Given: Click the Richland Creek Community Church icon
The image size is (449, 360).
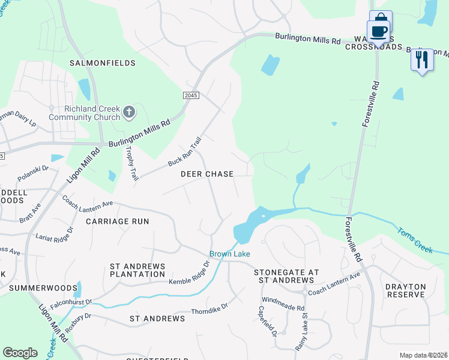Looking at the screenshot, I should click(128, 112).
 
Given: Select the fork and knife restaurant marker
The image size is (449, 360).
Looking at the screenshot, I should click(422, 60).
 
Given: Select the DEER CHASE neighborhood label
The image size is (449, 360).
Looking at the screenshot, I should click(207, 174).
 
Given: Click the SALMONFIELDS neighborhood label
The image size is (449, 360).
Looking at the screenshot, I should click(103, 62).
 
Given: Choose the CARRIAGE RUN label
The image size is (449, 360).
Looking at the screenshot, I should click(117, 221).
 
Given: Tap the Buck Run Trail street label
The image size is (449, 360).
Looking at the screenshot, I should click(184, 152).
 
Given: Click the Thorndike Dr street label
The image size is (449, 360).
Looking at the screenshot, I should click(209, 308).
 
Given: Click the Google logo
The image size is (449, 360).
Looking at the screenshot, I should click(20, 353).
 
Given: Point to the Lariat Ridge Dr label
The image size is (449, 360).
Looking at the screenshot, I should click(54, 233).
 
